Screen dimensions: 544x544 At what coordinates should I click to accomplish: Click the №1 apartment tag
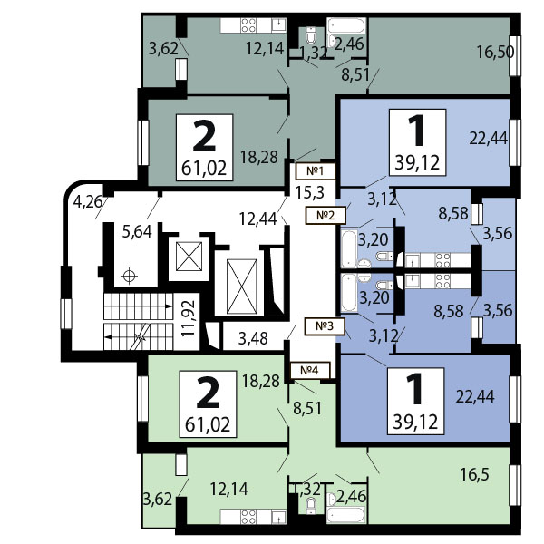point(315,171)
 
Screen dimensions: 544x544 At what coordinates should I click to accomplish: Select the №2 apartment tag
point(325,215)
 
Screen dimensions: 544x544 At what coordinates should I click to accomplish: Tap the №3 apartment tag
point(325,326)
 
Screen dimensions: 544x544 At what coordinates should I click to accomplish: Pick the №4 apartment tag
point(309,370)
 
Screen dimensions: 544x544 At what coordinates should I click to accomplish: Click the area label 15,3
point(310,192)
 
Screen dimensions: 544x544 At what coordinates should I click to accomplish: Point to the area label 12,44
point(258,219)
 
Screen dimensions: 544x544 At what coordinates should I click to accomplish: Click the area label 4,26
point(88,201)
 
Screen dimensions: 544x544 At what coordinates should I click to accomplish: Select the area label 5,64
point(137,231)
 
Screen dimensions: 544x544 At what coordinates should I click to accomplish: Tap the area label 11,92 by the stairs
point(189,318)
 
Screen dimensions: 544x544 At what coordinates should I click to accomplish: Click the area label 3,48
point(253,338)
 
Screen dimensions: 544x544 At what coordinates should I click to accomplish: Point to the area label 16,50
point(495,52)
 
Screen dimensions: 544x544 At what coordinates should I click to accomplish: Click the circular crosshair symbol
point(129,277)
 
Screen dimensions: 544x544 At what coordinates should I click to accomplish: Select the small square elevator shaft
point(189,257)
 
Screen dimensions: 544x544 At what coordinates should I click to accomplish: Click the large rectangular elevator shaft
point(241,287)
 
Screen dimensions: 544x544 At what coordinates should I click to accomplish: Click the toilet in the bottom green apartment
point(311,506)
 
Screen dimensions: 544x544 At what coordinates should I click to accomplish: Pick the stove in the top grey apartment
point(248,25)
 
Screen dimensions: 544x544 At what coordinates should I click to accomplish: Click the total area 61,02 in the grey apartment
point(204,168)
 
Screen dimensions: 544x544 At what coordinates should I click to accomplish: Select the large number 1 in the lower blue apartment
point(415,389)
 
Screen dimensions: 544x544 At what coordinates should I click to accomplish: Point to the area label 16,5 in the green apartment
point(474,474)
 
